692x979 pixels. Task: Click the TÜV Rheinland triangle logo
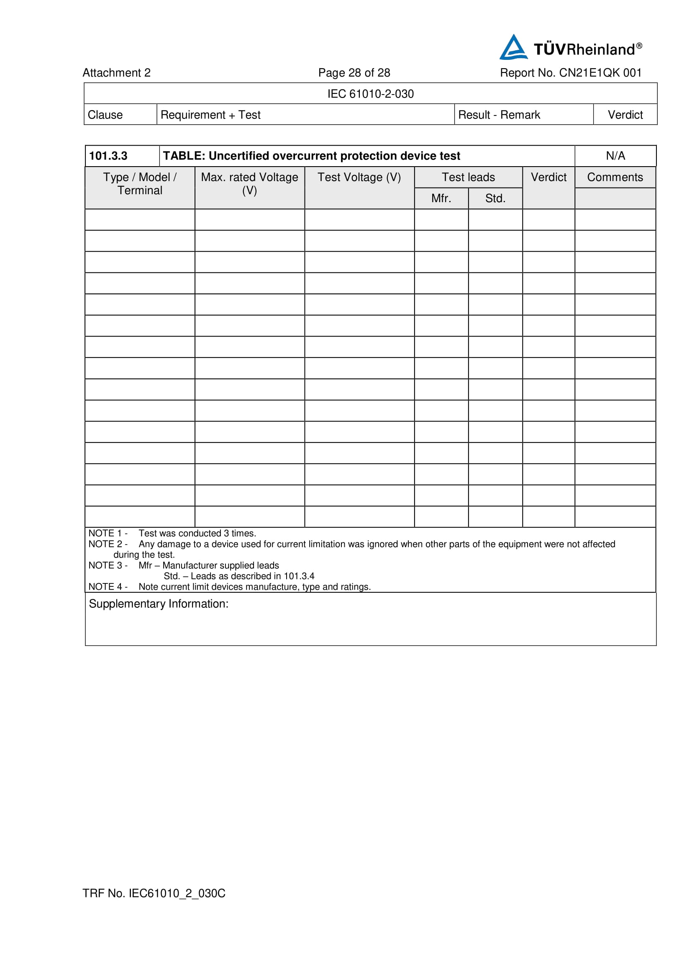[x=513, y=48]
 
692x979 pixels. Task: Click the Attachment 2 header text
[x=116, y=73]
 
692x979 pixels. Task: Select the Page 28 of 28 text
[x=354, y=73]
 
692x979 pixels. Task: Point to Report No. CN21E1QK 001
[x=571, y=73]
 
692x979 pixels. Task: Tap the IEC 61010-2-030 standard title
[x=370, y=94]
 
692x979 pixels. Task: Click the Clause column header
[x=105, y=115]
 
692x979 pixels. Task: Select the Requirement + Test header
[x=210, y=115]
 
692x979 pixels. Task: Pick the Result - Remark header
[x=499, y=115]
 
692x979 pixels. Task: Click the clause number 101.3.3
[x=108, y=156]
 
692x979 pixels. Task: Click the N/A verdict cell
[x=615, y=156]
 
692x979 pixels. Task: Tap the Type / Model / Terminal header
[x=140, y=184]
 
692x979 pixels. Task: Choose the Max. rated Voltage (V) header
[x=250, y=184]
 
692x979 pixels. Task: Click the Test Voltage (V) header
[x=359, y=177]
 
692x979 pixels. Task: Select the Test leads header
[x=468, y=177]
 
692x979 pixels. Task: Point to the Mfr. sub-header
[x=441, y=198]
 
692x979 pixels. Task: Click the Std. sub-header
[x=495, y=198]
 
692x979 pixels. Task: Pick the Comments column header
[x=615, y=177]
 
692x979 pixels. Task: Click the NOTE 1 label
[x=108, y=533]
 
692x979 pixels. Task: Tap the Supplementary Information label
[x=159, y=604]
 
